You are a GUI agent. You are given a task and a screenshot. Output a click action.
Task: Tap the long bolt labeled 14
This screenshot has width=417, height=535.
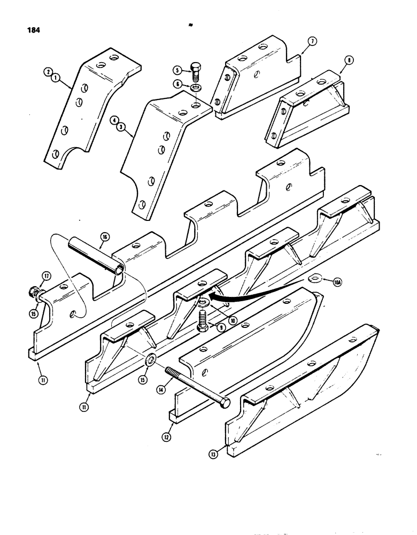point(198,387)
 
